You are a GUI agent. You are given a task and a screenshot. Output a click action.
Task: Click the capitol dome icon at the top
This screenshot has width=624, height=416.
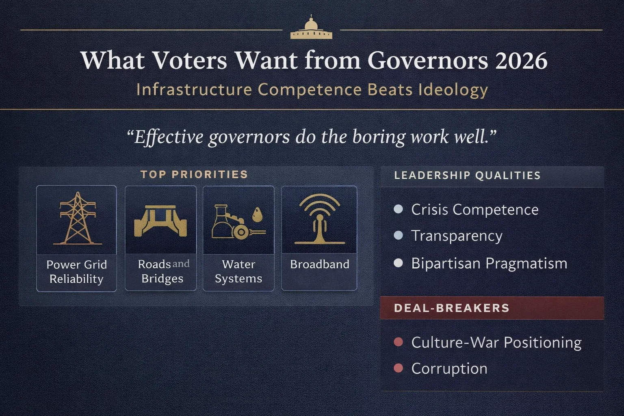click(x=311, y=28)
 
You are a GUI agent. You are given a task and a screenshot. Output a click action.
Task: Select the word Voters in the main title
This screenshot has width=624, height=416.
click(x=189, y=61)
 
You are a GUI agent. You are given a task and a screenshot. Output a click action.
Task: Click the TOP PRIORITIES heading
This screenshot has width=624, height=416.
click(x=194, y=175)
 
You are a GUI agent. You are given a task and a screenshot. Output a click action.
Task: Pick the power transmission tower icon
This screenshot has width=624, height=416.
click(x=77, y=219)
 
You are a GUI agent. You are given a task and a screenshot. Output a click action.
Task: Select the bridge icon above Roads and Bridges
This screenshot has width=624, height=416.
click(x=160, y=221)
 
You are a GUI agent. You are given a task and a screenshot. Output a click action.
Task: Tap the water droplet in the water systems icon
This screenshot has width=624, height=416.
click(x=258, y=214)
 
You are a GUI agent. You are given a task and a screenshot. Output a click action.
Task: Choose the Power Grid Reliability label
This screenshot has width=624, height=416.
click(x=76, y=272)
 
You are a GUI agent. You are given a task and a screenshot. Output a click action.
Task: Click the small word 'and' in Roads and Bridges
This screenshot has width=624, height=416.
click(x=181, y=264)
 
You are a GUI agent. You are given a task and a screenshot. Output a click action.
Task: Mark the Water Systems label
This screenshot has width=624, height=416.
click(x=238, y=271)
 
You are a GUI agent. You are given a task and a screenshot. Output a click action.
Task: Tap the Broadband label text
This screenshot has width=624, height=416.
click(x=319, y=264)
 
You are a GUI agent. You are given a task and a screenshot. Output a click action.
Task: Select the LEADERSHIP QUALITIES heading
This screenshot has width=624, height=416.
click(x=467, y=175)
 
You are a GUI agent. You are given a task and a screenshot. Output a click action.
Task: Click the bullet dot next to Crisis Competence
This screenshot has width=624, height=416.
click(x=399, y=209)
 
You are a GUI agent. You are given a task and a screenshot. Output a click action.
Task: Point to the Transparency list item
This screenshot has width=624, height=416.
click(x=457, y=236)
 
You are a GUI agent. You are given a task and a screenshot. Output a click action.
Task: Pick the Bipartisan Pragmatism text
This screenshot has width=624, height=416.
click(x=489, y=264)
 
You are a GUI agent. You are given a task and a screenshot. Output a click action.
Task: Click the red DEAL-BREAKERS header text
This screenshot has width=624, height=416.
click(x=451, y=308)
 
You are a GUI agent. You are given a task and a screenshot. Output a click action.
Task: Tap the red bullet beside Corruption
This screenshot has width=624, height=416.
click(x=399, y=368)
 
